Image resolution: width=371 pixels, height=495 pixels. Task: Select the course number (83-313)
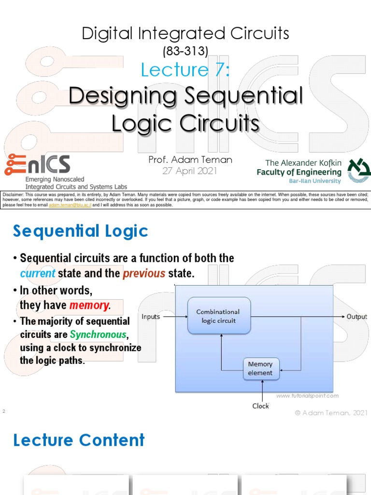[x=185, y=51]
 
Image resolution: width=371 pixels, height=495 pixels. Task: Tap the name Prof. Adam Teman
[x=190, y=160]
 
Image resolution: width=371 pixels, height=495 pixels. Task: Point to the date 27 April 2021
[x=190, y=171]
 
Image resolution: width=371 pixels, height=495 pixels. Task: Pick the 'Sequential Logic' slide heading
[x=80, y=232]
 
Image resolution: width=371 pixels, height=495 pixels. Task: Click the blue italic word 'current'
[x=38, y=273]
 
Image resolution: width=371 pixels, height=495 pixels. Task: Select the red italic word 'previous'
[x=144, y=273]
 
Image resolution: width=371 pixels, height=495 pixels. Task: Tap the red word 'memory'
[x=90, y=305]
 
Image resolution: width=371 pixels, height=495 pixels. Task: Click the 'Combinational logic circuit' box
[x=219, y=316]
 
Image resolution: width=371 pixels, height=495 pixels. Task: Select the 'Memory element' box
[x=260, y=368]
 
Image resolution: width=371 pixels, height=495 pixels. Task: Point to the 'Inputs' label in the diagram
[x=151, y=317]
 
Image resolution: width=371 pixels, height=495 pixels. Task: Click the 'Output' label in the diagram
[x=357, y=317]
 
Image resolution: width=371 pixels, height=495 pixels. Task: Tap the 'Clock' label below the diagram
[x=260, y=406]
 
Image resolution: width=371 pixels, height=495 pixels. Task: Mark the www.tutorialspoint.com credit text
[x=307, y=395]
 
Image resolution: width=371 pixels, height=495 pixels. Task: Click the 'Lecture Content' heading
[x=79, y=440]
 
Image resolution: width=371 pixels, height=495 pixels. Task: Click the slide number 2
[x=3, y=411]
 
